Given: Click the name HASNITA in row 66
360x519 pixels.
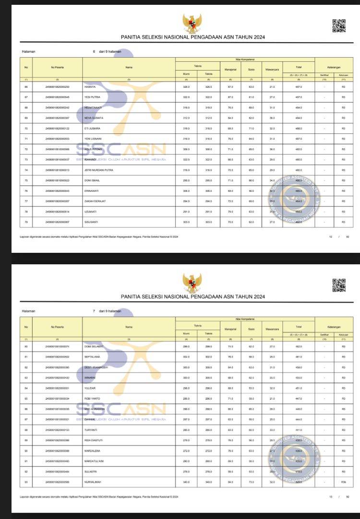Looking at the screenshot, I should point(91,86).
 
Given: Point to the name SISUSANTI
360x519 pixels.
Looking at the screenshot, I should point(91,222).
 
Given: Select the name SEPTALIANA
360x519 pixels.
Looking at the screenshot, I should point(92,357).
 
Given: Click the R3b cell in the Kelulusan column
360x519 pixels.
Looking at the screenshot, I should point(343,482).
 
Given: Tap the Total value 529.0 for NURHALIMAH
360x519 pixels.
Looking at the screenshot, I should point(299,482).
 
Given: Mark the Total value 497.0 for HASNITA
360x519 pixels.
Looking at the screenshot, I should point(299,86).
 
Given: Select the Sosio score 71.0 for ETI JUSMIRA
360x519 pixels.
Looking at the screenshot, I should point(252,128).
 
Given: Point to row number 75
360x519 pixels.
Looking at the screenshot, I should point(26,180).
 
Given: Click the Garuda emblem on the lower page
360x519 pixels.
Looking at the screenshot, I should point(192,283).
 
